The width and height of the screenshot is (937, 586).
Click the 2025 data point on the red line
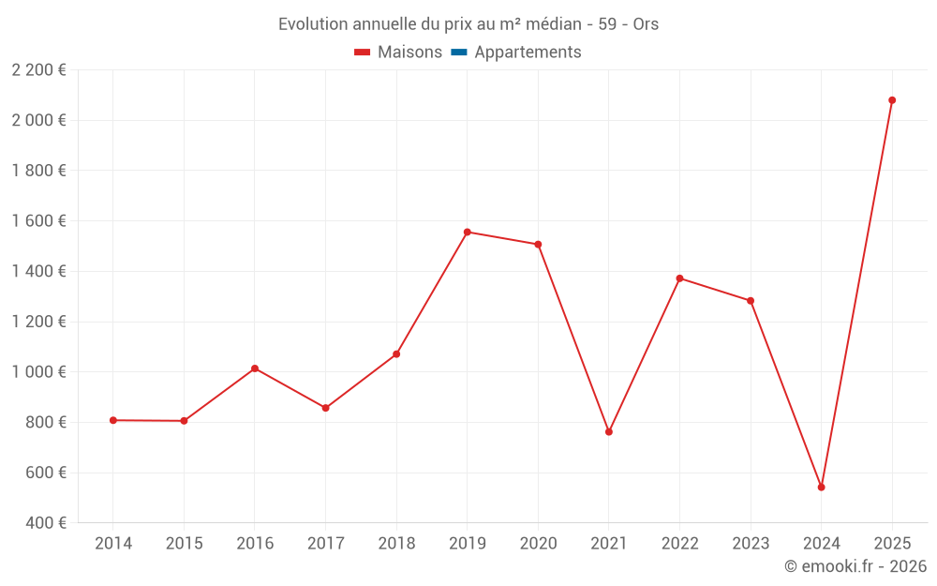pyautogui.click(x=892, y=100)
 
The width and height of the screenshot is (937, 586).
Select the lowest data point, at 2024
pyautogui.click(x=821, y=488)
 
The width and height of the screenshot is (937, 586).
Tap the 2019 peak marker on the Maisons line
pyautogui.click(x=468, y=232)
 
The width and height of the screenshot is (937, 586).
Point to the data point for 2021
pyautogui.click(x=609, y=432)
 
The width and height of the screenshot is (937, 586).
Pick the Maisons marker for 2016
pyautogui.click(x=255, y=368)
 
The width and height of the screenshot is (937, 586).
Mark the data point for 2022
pyautogui.click(x=679, y=278)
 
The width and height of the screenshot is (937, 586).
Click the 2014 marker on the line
pyautogui.click(x=113, y=420)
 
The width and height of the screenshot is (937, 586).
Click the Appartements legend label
pyautogui.click(x=528, y=53)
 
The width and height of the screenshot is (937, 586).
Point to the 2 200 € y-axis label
pyautogui.click(x=38, y=70)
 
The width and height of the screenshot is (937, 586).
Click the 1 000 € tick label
pyautogui.click(x=38, y=372)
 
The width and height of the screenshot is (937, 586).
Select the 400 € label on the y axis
pyautogui.click(x=44, y=523)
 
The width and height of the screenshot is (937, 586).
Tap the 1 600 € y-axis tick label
pyautogui.click(x=38, y=221)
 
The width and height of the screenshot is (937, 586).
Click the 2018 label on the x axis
pyautogui.click(x=396, y=544)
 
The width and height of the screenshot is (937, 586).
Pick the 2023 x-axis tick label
pyautogui.click(x=751, y=544)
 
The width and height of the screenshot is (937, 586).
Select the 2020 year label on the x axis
pyautogui.click(x=538, y=544)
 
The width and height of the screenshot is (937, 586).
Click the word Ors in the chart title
pyautogui.click(x=646, y=24)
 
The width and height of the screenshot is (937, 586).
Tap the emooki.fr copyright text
pyautogui.click(x=855, y=566)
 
